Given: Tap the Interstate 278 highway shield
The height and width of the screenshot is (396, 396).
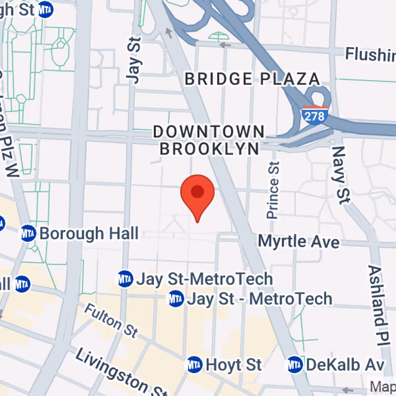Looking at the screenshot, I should coord(314,115).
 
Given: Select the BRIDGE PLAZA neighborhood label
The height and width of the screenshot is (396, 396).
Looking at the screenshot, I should coord(252,79).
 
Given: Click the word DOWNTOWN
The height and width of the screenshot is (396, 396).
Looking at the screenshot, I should coord(209,132).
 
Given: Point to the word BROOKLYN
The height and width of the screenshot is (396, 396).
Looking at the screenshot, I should coord(209,148).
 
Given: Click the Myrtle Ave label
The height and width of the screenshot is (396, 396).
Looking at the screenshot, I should coord(299,242).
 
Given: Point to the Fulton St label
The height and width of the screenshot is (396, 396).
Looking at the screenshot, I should coord(110,320).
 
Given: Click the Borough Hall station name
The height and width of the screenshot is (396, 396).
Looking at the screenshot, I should coord(89,233).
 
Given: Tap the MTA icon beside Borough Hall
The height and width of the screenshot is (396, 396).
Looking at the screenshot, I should coord(28,233).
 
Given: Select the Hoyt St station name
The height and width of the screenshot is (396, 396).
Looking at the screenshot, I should coord(234,365).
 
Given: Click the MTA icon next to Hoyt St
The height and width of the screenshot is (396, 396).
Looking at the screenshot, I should coord(195,365).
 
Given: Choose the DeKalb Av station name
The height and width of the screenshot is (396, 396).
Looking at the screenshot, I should coord(345,365).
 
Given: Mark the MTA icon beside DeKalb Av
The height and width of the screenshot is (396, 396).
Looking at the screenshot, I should coord(295,365).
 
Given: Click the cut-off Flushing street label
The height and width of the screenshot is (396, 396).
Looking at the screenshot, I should coord(370,53).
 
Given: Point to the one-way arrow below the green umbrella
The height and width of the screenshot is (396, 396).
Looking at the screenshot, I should coord(225,45).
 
